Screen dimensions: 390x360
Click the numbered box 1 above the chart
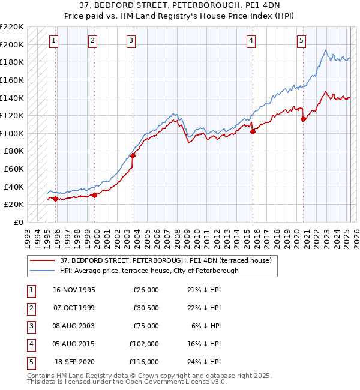[53, 41]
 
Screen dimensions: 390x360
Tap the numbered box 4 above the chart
[251, 41]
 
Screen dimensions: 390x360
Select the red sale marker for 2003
[133, 155]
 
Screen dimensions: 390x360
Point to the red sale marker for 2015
[253, 132]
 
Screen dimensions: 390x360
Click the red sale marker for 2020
[303, 119]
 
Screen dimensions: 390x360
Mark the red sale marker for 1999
[95, 195]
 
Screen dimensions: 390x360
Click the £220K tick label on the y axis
[12, 27]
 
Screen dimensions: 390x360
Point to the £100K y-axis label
[12, 133]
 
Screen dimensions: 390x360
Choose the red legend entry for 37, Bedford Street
[166, 260]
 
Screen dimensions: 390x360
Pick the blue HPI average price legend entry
[149, 271]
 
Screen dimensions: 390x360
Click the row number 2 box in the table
[29, 308]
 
